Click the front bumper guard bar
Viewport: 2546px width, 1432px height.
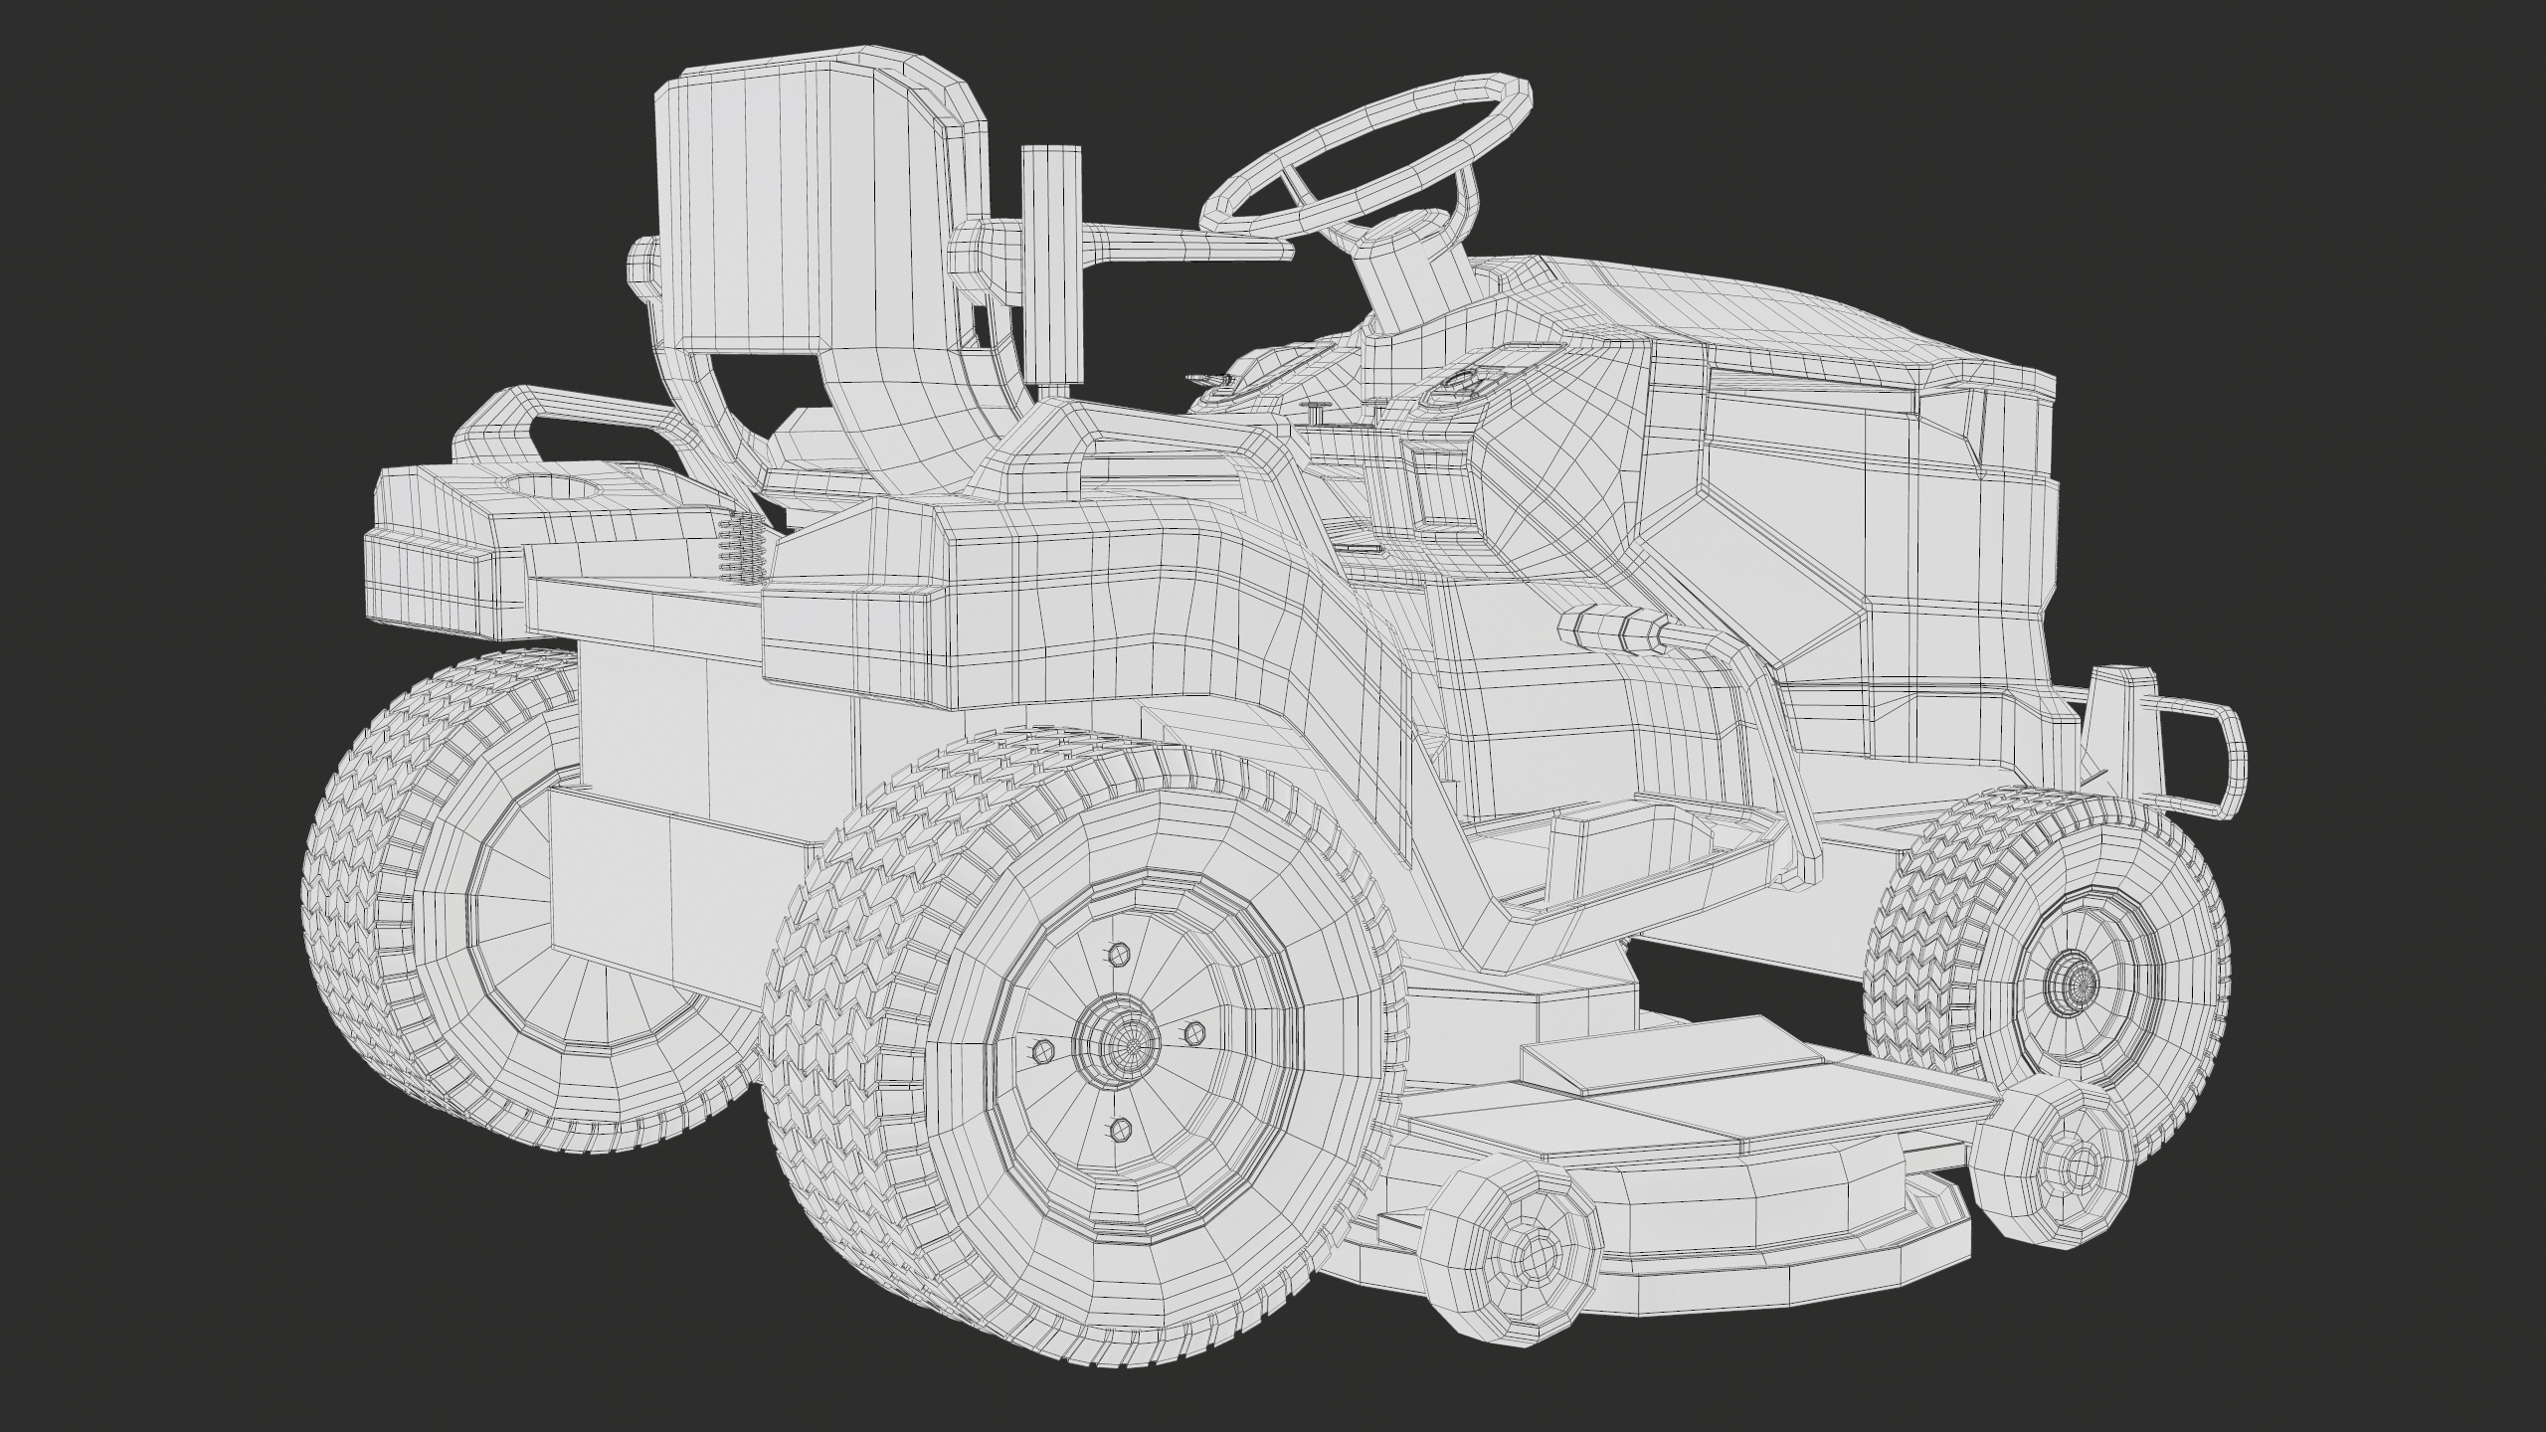(2212, 756)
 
